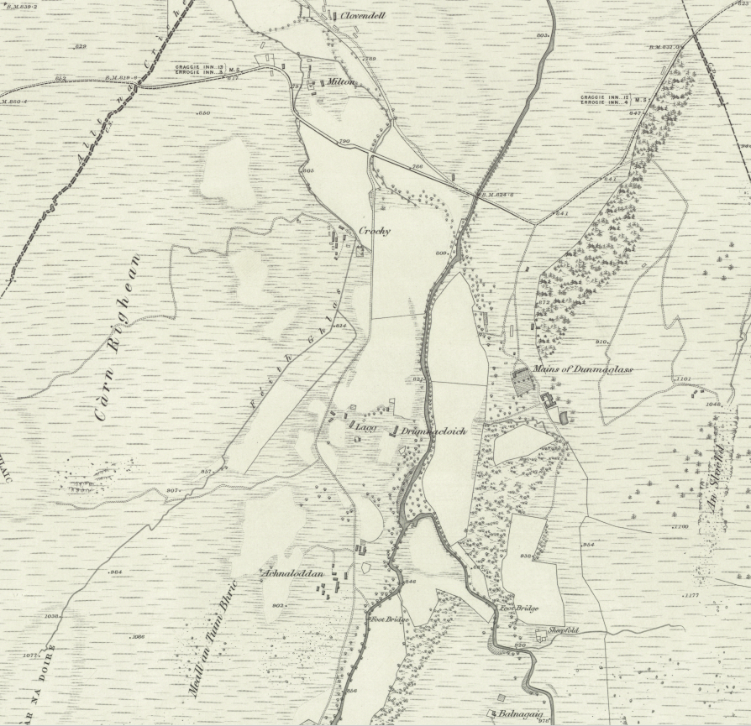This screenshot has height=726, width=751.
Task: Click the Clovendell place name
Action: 363,15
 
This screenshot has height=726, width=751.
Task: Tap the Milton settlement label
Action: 339,82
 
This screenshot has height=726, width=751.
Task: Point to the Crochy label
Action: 375,232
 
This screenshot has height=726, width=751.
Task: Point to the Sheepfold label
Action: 564,630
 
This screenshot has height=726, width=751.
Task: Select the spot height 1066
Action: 139,637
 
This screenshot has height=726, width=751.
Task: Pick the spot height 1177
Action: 691,595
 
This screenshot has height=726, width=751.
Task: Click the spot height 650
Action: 203,112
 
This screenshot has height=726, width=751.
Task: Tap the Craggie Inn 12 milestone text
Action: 603,98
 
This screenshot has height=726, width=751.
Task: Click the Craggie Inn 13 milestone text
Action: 198,67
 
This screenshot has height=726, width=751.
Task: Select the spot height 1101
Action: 682,379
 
